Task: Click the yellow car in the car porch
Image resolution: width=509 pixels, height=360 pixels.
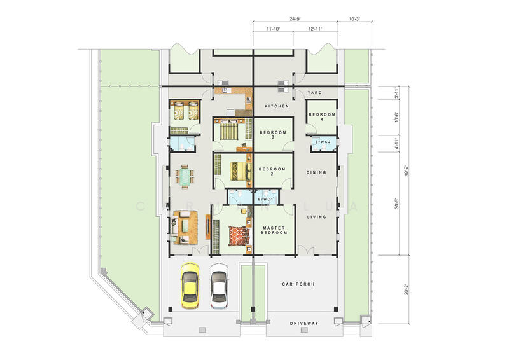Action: [x=190, y=286]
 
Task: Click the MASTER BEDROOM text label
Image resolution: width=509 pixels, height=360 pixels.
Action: [x=274, y=230]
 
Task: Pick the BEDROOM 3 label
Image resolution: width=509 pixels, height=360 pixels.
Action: [x=273, y=135]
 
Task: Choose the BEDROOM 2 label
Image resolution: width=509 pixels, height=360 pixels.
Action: [x=273, y=171]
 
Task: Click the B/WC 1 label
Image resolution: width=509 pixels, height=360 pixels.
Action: [x=265, y=200]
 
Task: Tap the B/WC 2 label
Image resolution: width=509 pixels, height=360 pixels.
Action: [x=323, y=141]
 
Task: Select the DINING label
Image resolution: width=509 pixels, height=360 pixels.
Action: [x=316, y=172]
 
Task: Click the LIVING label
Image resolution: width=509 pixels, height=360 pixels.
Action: [x=317, y=217]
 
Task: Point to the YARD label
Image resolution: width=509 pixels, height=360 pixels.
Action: [x=314, y=93]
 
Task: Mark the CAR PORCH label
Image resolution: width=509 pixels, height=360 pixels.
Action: [x=298, y=284]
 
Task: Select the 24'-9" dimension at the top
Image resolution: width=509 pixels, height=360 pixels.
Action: [x=295, y=20]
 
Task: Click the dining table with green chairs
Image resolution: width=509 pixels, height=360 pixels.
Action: [x=185, y=177]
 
